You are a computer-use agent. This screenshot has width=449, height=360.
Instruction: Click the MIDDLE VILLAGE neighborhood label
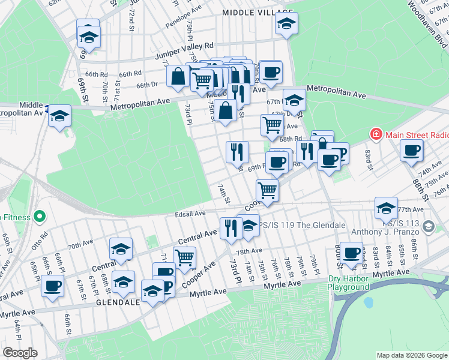252,12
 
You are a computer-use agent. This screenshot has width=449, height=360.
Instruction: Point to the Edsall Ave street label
190,213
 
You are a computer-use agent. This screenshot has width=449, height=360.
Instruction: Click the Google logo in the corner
20,353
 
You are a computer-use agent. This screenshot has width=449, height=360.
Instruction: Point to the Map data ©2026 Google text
412,355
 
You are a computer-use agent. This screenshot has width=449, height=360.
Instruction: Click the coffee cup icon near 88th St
412,150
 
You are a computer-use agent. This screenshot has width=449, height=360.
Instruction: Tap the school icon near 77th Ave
386,208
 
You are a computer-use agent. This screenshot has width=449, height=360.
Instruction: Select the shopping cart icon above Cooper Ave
267,190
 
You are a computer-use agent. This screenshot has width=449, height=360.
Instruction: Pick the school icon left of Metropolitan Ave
59,115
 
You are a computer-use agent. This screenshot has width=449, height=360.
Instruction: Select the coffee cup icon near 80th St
352,253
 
